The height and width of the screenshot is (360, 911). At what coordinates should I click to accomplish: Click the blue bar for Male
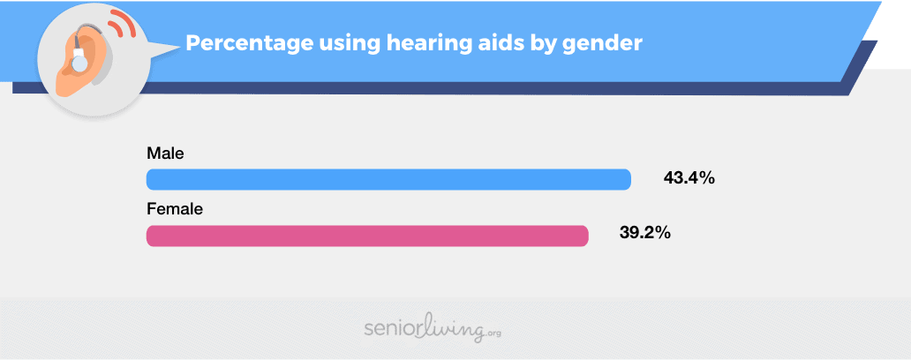coord(388,179)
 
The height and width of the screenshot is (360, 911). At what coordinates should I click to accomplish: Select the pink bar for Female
coord(367,236)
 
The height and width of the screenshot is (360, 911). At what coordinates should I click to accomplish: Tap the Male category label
coord(166,154)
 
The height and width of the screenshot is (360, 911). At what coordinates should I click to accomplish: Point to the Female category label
coord(175,209)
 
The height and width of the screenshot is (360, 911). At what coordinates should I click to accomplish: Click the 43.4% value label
coord(689,178)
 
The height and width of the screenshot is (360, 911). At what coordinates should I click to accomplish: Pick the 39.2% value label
coord(645,234)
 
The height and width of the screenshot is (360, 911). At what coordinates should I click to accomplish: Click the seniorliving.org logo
coord(433,329)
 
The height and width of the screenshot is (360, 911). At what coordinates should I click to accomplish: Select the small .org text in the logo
coord(493,334)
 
